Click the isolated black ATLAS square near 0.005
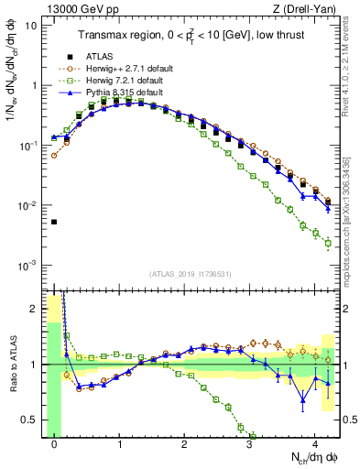[x=54, y=222]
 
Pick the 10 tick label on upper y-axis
[x=31, y=25]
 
